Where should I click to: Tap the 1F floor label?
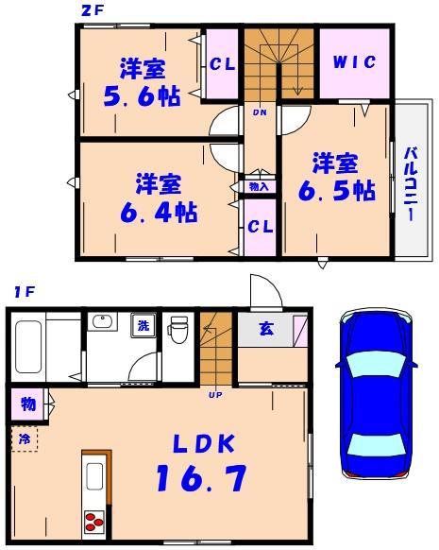pyautogui.click(x=23, y=293)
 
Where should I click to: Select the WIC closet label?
pyautogui.click(x=354, y=62)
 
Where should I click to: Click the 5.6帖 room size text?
pyautogui.click(x=143, y=95)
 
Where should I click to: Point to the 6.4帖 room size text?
pyautogui.click(x=158, y=212)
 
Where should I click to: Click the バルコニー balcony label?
pyautogui.click(x=412, y=183)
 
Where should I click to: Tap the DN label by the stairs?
pyautogui.click(x=259, y=112)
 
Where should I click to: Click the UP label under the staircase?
pyautogui.click(x=215, y=394)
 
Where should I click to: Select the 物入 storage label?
pyautogui.click(x=259, y=187)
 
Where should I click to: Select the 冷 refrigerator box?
pyautogui.click(x=25, y=438)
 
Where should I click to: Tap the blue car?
pyautogui.click(x=376, y=395)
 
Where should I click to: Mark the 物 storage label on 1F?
pyautogui.click(x=28, y=404)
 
